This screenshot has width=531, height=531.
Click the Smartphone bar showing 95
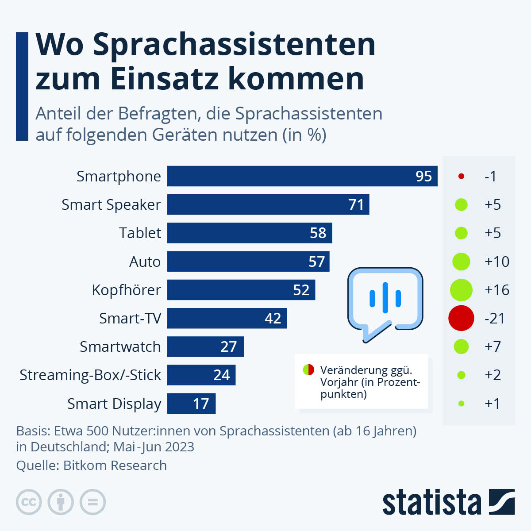(x=302, y=176)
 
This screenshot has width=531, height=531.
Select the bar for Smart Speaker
(x=268, y=204)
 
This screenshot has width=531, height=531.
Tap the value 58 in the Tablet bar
(x=318, y=233)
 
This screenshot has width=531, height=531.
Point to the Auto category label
(x=145, y=262)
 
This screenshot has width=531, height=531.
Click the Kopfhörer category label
(x=126, y=290)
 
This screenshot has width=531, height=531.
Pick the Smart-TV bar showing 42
(x=227, y=318)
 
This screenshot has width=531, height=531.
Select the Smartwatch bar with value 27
(x=205, y=346)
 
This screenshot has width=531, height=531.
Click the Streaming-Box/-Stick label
(x=90, y=375)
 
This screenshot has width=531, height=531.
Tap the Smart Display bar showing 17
(x=191, y=404)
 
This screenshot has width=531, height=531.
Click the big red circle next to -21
(x=461, y=318)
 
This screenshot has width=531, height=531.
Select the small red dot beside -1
(x=461, y=176)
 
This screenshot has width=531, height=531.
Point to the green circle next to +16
(x=461, y=290)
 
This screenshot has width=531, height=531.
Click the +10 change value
(x=496, y=262)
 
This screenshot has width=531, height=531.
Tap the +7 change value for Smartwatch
(x=493, y=346)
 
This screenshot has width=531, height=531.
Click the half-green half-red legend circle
(x=308, y=369)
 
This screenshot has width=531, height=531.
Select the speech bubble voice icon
(x=385, y=301)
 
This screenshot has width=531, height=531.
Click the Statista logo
(x=448, y=502)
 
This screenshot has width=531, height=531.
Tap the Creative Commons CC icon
(x=29, y=502)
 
